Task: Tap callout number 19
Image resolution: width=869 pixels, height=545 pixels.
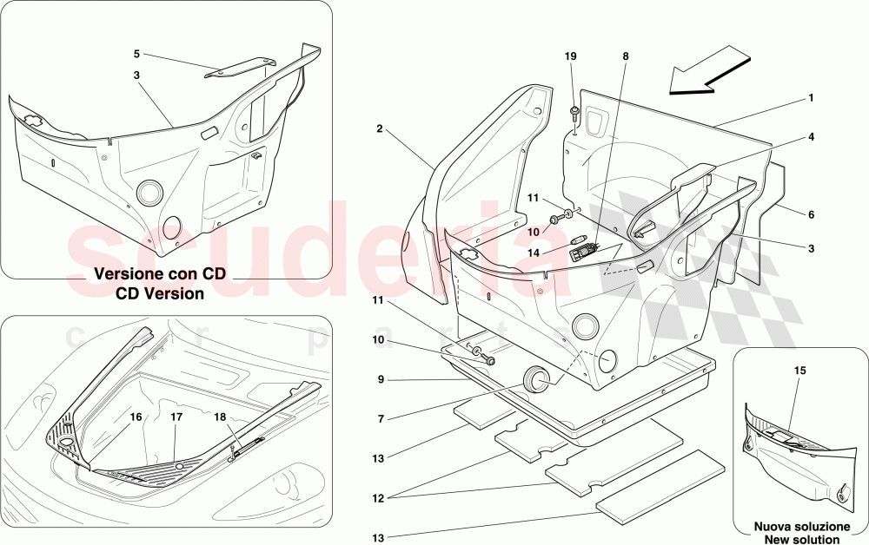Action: [x=571, y=56]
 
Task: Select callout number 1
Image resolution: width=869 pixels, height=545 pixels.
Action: [x=811, y=97]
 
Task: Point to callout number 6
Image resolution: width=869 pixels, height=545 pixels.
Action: [x=811, y=214]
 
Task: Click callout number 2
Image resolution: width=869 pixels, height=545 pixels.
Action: [x=381, y=128]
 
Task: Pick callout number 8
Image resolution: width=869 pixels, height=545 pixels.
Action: [x=624, y=56]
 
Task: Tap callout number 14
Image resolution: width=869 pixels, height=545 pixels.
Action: [x=534, y=253]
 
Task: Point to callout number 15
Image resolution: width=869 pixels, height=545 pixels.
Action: [x=800, y=371]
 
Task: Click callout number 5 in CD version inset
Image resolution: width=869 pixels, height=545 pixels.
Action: [x=136, y=54]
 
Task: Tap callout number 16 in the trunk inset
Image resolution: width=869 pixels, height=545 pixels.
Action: [x=136, y=417]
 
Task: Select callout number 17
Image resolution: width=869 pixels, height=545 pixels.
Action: [x=176, y=417]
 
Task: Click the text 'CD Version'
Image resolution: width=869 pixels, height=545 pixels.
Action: [x=161, y=293]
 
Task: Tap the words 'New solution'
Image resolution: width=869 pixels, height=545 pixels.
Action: [x=800, y=538]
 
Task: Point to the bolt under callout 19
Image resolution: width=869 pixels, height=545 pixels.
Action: [x=575, y=112]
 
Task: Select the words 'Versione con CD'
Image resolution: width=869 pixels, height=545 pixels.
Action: [x=160, y=273]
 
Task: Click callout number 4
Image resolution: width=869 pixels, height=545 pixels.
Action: [x=811, y=136]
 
